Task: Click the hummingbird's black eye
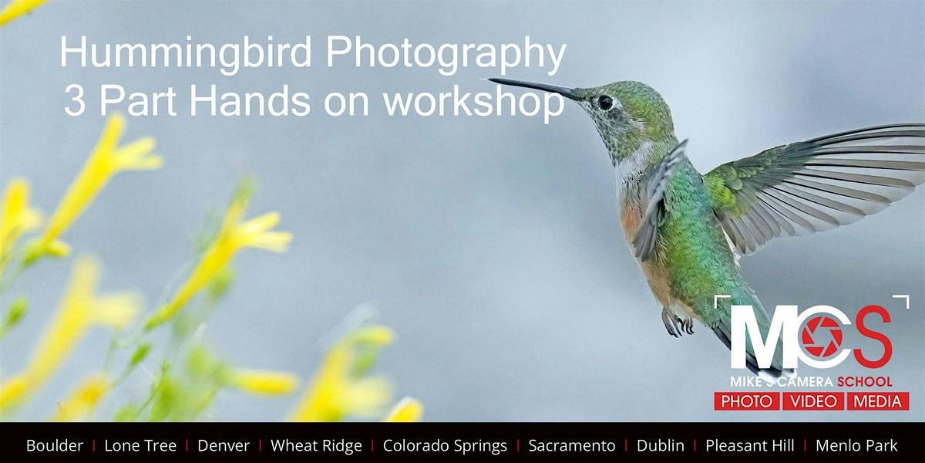(x=605, y=102)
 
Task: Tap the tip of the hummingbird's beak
(x=489, y=79)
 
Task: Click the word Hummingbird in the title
(x=186, y=53)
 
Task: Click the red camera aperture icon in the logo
(x=822, y=337)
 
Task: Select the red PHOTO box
(x=747, y=401)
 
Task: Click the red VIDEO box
(x=813, y=401)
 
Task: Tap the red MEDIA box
(x=878, y=401)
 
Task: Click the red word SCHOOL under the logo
(x=864, y=381)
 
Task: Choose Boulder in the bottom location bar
(x=55, y=446)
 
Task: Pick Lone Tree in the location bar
(x=140, y=446)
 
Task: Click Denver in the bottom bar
(x=224, y=446)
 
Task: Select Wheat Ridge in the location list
(x=316, y=446)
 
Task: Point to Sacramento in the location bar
(x=572, y=446)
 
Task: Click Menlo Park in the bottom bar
(x=856, y=446)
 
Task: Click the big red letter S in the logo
(x=872, y=336)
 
